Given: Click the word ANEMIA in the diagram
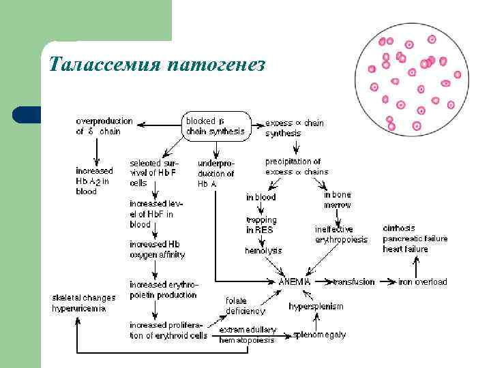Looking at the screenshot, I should pos(295,281).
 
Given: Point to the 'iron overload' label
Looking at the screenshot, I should pos(423,281).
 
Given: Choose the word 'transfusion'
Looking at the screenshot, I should pos(354,281).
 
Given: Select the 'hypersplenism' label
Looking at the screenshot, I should pos(316,306).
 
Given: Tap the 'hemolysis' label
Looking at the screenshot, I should pos(263,251).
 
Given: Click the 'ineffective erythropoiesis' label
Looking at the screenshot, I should pos(341,234).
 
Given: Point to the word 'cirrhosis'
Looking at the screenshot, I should pos(399,228).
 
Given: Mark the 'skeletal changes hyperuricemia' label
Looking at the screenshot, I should pos(84,303).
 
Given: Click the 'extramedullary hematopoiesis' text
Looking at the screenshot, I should pos(247,335).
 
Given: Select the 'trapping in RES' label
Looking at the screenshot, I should pos(261,225).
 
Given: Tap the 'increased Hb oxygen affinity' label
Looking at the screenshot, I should pos(158,249).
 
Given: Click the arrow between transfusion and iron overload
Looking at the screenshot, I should pos(387,281).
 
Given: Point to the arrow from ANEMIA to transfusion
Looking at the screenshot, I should pos(323,281).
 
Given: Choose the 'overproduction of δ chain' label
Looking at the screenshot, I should pos(104,126).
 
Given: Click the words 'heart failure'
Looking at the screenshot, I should pos(405,249).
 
